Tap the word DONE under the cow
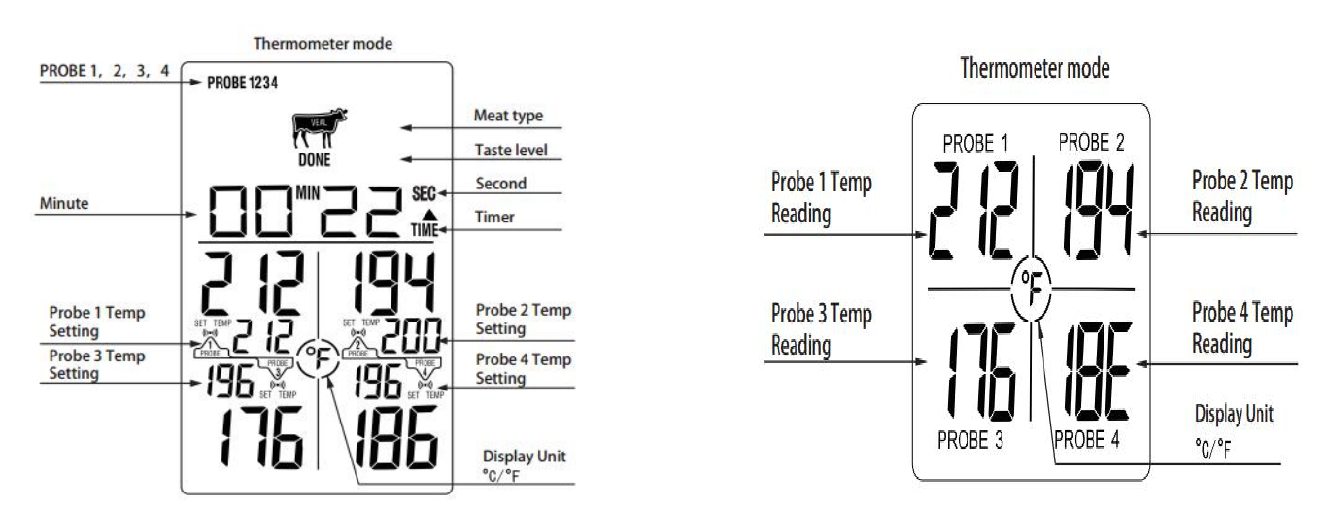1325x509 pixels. (x=314, y=160)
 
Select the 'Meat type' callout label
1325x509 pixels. (x=507, y=117)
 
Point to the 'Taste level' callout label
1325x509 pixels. (x=511, y=151)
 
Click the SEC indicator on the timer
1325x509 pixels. (x=425, y=193)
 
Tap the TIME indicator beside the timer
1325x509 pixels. (x=425, y=231)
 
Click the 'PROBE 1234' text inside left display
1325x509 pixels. (x=243, y=84)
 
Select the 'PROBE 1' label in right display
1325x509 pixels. (x=975, y=145)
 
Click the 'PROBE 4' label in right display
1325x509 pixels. (x=1086, y=439)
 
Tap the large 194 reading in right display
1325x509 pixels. (x=1096, y=211)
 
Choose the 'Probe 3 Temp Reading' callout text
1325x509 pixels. (x=822, y=329)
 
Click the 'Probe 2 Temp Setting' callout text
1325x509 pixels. (x=524, y=320)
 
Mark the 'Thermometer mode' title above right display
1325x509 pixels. (x=1035, y=69)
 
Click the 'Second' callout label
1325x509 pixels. (x=501, y=184)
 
